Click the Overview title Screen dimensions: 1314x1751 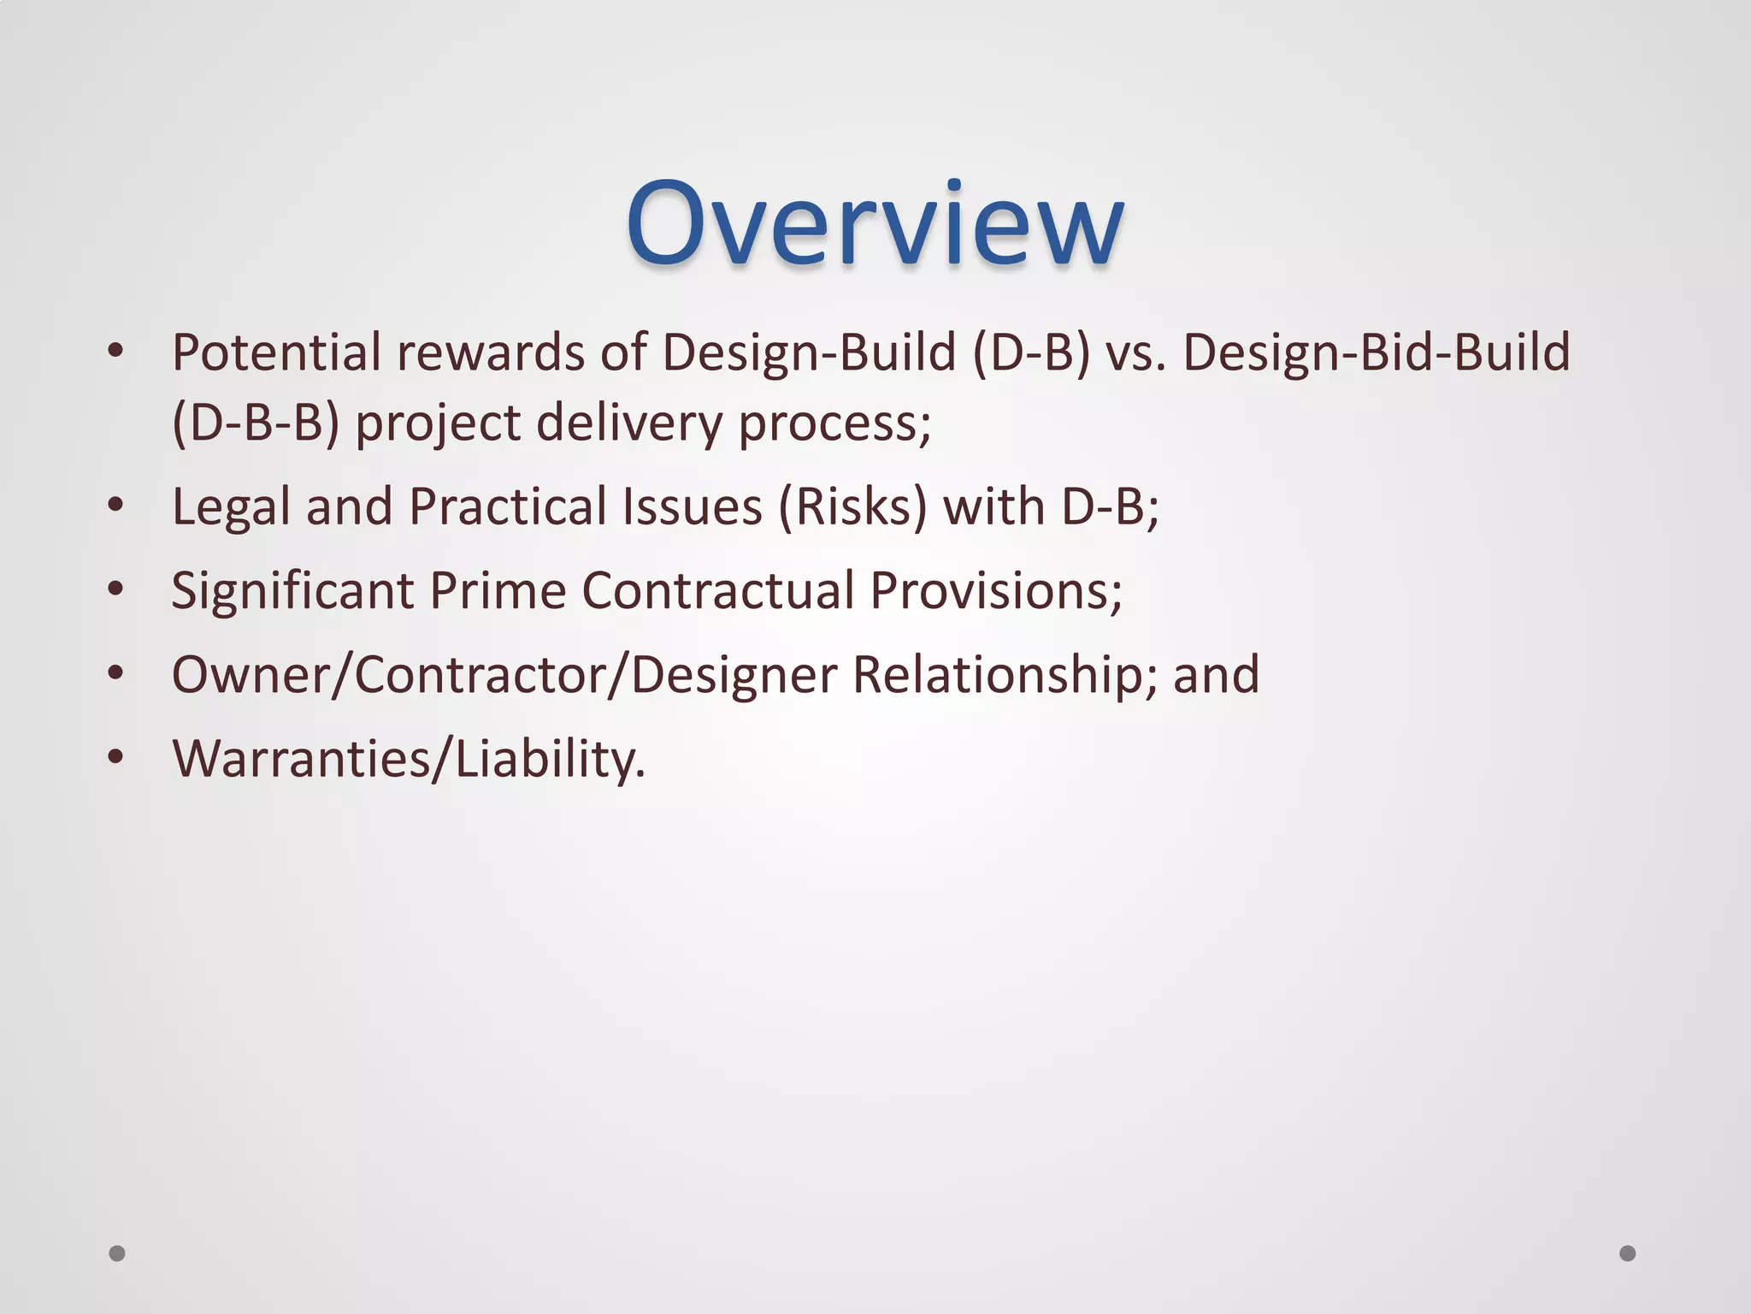pos(874,225)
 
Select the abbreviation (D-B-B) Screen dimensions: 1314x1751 pos(256,423)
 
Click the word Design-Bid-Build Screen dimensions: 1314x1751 pos(1377,353)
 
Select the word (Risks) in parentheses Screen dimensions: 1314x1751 pos(852,506)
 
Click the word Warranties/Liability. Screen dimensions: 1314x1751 pos(409,759)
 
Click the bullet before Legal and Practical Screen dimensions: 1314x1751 pos(116,506)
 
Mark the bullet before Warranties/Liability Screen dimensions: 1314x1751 pos(116,757)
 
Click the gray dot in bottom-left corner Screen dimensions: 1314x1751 pos(117,1253)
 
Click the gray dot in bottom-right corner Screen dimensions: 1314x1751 pos(1628,1253)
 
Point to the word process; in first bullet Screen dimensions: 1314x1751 pos(834,423)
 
